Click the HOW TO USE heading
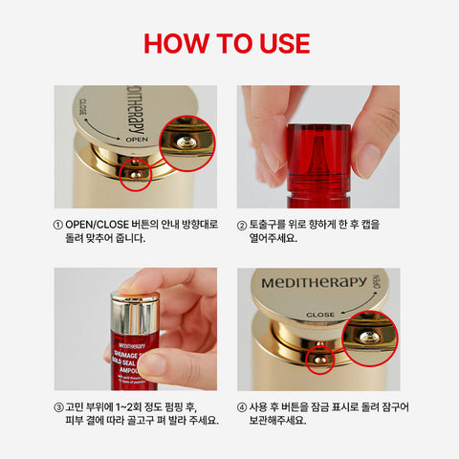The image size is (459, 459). point(229,44)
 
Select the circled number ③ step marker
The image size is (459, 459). point(59,405)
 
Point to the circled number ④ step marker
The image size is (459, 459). point(243,405)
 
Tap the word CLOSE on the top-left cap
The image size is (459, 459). point(84,108)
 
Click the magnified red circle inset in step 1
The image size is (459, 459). point(187,142)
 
